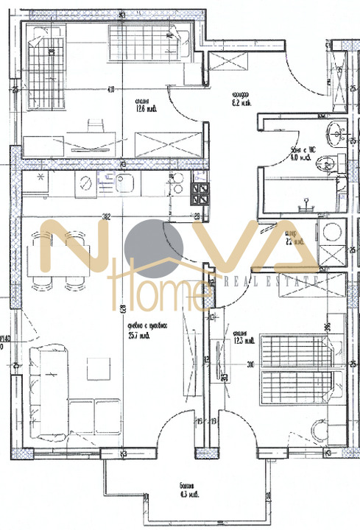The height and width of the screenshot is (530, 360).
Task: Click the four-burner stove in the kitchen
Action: point(200,194)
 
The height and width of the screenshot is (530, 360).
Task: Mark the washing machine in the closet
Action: point(329,232)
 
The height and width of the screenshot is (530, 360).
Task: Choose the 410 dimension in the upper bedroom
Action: point(110,91)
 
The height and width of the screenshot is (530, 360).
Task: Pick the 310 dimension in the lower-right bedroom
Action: point(253,364)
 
